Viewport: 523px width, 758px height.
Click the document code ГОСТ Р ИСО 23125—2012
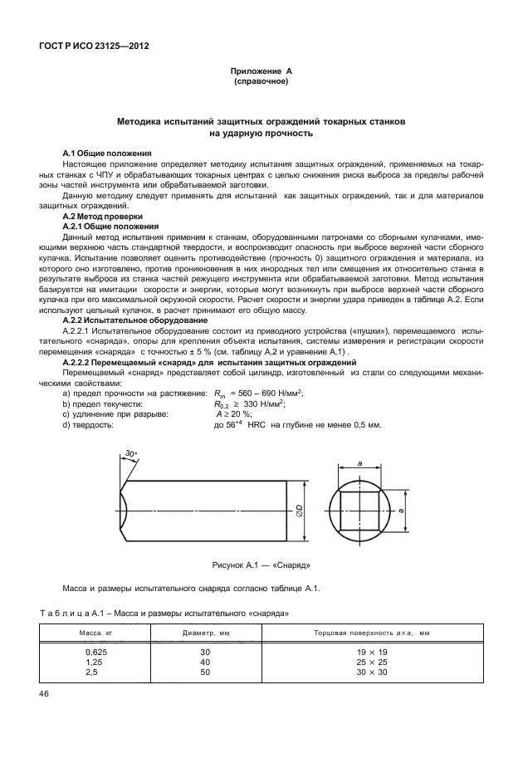click(x=89, y=46)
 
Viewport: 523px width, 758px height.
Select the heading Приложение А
click(x=261, y=72)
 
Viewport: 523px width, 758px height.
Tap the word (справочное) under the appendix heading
click(x=261, y=82)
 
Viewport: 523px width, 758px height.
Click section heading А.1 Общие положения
click(x=107, y=154)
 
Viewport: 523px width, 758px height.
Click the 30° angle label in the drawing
click(x=131, y=452)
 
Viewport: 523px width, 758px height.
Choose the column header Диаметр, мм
click(x=205, y=633)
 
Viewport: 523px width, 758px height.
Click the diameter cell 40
click(x=205, y=663)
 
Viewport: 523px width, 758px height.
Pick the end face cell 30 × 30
click(x=372, y=672)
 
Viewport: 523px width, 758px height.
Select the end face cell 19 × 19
click(x=372, y=653)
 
